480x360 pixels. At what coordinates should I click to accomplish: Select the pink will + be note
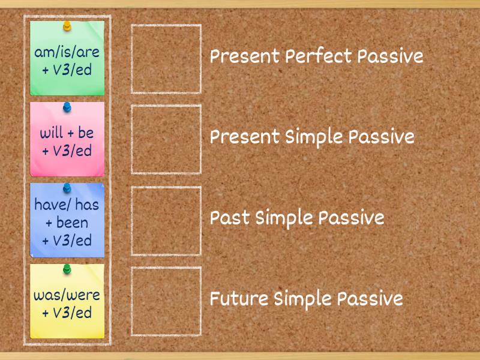coord(67,142)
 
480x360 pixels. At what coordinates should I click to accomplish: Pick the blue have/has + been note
coord(67,222)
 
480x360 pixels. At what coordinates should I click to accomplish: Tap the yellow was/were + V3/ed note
coord(67,304)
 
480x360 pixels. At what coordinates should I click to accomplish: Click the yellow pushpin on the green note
coord(67,26)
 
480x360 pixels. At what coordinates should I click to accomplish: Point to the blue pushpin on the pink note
coord(67,107)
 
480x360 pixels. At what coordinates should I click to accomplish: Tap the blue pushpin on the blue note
coord(67,188)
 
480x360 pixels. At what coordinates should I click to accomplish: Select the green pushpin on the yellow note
coord(67,268)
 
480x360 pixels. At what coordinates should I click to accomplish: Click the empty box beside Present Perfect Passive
coord(166,59)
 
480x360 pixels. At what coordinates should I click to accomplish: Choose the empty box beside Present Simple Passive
coord(166,140)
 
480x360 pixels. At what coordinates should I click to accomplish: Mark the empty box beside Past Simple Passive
coord(166,220)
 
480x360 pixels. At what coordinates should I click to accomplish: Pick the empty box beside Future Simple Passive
coord(166,301)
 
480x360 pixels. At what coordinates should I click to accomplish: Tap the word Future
coord(239,299)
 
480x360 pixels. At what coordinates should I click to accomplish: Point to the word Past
coord(230,218)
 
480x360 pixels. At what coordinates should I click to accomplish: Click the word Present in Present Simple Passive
coord(245,137)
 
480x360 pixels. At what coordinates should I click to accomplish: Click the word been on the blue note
coord(72,223)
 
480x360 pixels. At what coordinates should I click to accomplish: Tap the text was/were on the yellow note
coord(67,295)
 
